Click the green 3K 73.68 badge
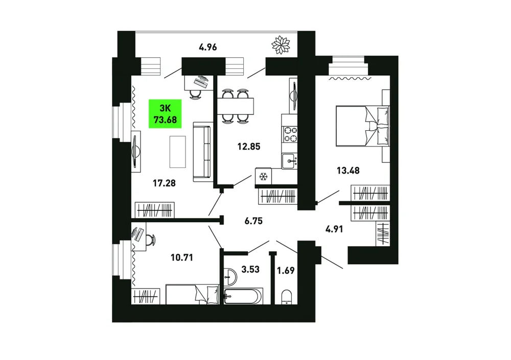[x=165, y=114]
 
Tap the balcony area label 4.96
[x=208, y=47]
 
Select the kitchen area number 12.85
[x=249, y=147]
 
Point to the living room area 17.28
[x=164, y=183]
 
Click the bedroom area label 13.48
[x=348, y=171]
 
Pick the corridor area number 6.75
[x=253, y=221]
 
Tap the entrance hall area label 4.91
[x=334, y=229]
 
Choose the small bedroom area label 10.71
[x=182, y=258]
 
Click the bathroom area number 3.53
[x=250, y=270]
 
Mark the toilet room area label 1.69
[x=286, y=271]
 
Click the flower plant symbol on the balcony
[x=281, y=45]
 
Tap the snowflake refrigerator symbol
[x=263, y=177]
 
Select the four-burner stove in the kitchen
[x=290, y=134]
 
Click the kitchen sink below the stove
[x=290, y=161]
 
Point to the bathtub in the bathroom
[x=243, y=296]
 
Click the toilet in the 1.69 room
[x=287, y=297]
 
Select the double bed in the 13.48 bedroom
[x=362, y=126]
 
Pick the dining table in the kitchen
[x=235, y=106]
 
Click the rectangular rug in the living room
[x=178, y=152]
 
